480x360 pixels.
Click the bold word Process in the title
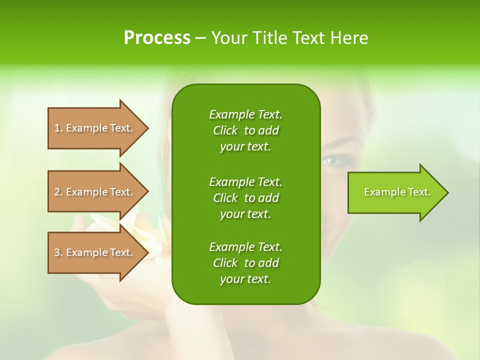[x=157, y=38]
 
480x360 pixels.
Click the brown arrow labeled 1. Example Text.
[x=95, y=128]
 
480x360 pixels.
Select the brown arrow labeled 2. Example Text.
[x=95, y=192]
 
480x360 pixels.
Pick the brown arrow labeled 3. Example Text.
[x=95, y=252]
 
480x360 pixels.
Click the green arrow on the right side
[x=395, y=192]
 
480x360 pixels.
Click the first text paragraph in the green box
[x=245, y=130]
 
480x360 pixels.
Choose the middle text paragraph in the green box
[x=245, y=197]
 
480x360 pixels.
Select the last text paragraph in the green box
[x=245, y=263]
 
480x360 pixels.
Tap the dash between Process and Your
[x=201, y=38]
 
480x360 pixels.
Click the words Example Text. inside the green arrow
[x=397, y=192]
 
